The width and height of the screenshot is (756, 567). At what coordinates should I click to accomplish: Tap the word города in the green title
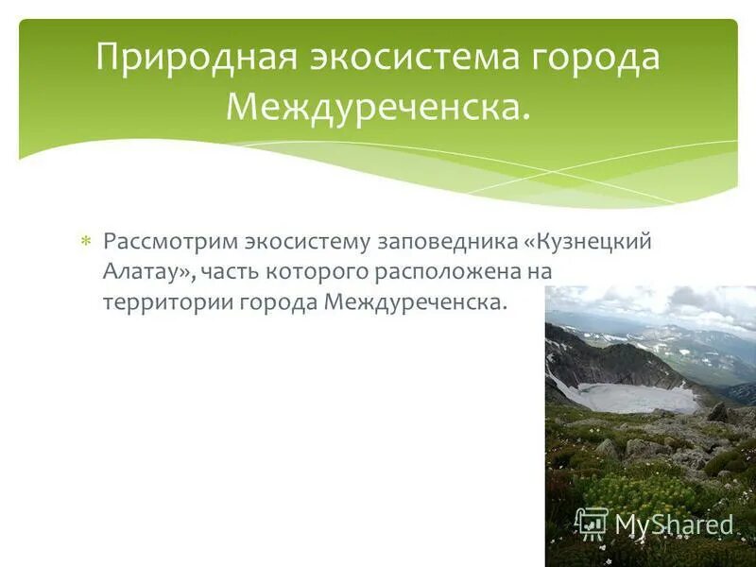click(594, 58)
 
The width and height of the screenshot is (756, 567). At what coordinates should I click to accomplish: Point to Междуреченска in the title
click(377, 106)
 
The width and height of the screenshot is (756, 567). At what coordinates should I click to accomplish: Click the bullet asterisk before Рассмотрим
click(85, 242)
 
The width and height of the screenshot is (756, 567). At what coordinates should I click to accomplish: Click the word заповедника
click(447, 241)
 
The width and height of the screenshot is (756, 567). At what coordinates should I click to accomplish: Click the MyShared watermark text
click(674, 525)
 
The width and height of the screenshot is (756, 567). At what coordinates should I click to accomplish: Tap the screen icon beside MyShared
click(592, 523)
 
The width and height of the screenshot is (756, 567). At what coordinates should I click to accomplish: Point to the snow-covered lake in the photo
click(633, 396)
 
